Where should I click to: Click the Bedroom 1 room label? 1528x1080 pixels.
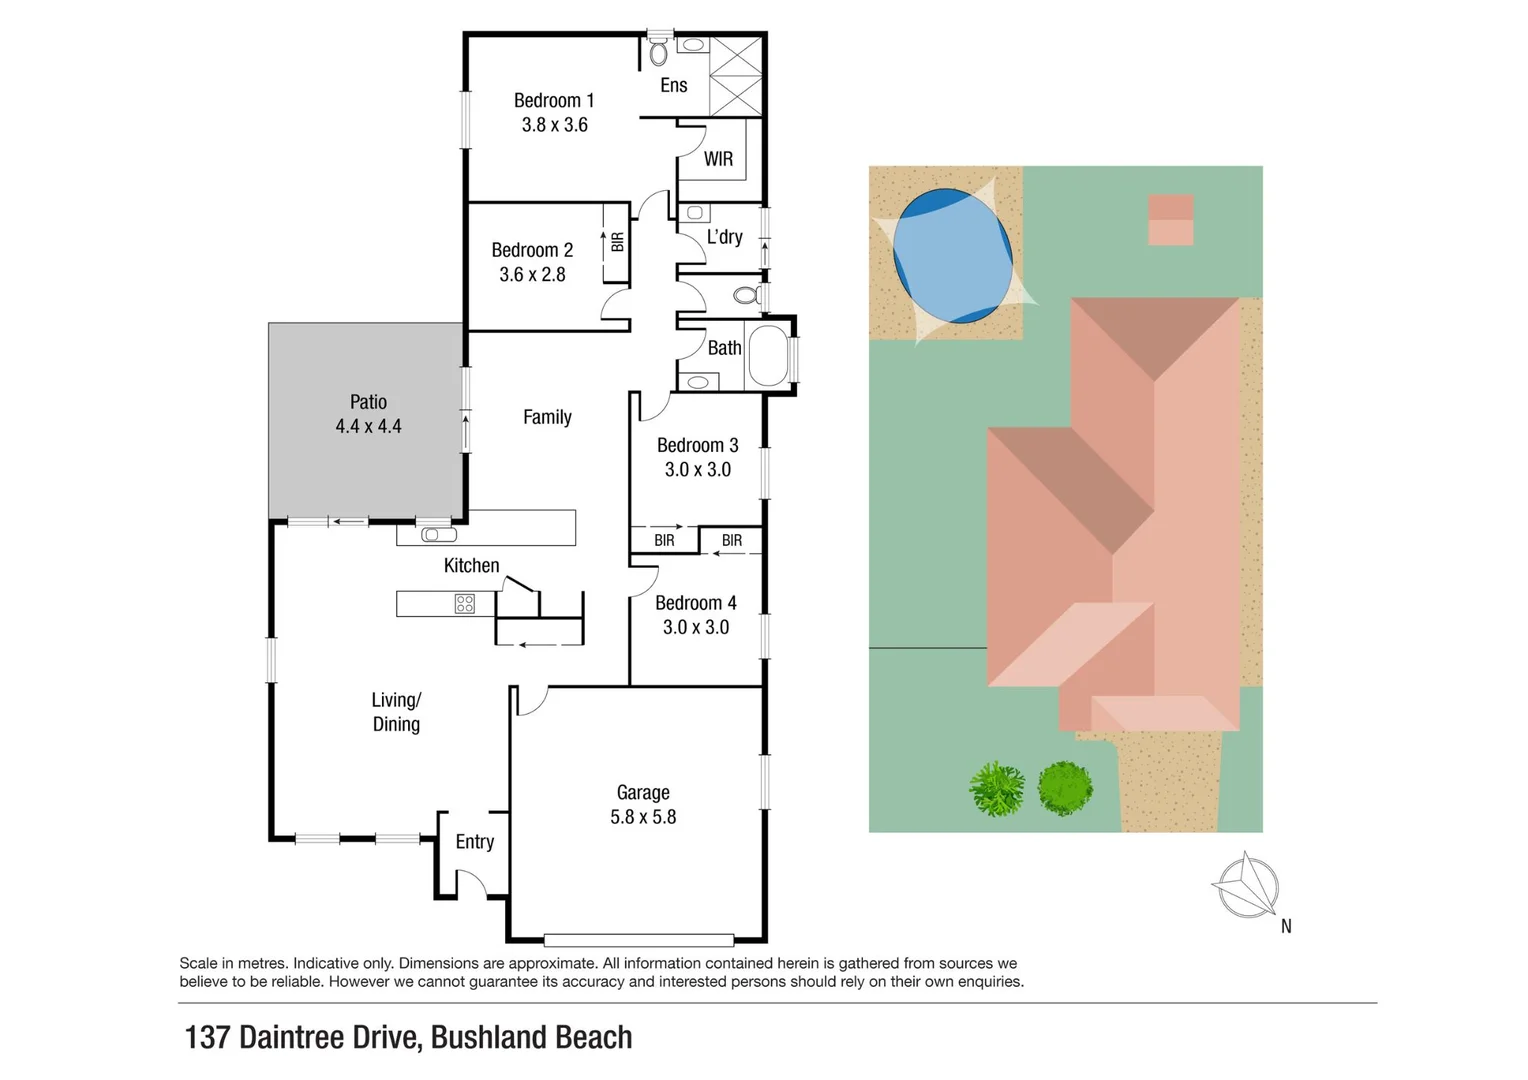pyautogui.click(x=553, y=101)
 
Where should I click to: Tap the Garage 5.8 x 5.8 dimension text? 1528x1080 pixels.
pyautogui.click(x=643, y=817)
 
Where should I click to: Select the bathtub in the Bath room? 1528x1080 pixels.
pyautogui.click(x=768, y=355)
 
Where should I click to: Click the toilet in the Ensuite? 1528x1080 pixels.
pyautogui.click(x=658, y=52)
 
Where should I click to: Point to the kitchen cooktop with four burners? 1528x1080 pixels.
pyautogui.click(x=465, y=603)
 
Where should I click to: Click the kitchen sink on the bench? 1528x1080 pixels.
pyautogui.click(x=438, y=535)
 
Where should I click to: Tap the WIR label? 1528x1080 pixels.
pyautogui.click(x=718, y=159)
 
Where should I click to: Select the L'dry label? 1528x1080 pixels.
pyautogui.click(x=724, y=237)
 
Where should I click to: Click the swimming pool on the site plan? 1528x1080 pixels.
pyautogui.click(x=951, y=256)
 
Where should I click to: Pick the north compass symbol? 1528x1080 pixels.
pyautogui.click(x=1246, y=886)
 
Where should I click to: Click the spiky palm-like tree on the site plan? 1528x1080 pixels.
pyautogui.click(x=997, y=789)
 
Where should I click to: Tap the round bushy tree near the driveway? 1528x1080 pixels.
pyautogui.click(x=1065, y=788)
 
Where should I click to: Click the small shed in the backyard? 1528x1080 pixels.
pyautogui.click(x=1170, y=220)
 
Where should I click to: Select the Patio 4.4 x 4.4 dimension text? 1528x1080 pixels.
pyautogui.click(x=368, y=427)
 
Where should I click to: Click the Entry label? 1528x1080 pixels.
pyautogui.click(x=474, y=842)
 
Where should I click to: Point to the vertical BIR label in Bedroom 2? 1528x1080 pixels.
pyautogui.click(x=617, y=242)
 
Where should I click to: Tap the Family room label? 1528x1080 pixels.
pyautogui.click(x=547, y=417)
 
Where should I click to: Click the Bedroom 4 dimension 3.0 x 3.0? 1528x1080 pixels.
pyautogui.click(x=695, y=627)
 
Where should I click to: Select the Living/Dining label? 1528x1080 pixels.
pyautogui.click(x=396, y=712)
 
